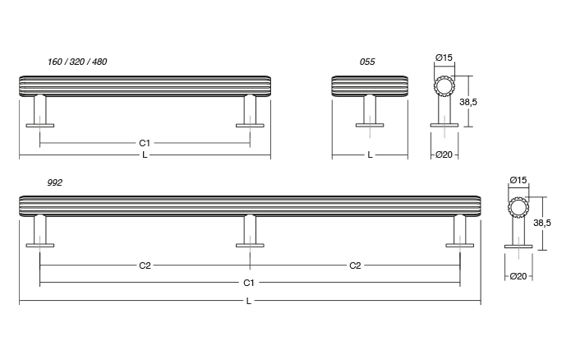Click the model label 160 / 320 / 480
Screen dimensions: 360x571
(77, 62)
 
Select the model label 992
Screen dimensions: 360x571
(55, 182)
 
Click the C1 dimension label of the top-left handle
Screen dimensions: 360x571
(145, 143)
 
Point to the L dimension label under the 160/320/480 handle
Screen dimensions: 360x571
(145, 155)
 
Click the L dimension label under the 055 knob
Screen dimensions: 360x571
(370, 155)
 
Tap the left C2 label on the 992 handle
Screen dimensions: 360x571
(145, 265)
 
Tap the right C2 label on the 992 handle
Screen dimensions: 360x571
(355, 265)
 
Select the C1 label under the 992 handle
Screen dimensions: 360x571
(249, 283)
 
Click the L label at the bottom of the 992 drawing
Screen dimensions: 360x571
(249, 301)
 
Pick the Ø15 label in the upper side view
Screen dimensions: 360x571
(444, 58)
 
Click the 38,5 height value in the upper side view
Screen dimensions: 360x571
(468, 102)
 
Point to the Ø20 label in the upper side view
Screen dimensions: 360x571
(444, 155)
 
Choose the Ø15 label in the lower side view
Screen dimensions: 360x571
(518, 180)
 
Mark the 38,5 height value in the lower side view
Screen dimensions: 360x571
(542, 223)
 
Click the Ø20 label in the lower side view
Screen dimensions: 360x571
(518, 276)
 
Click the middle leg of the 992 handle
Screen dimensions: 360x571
(249, 228)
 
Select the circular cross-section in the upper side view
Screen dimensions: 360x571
(444, 86)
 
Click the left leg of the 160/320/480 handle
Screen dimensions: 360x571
(40, 108)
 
